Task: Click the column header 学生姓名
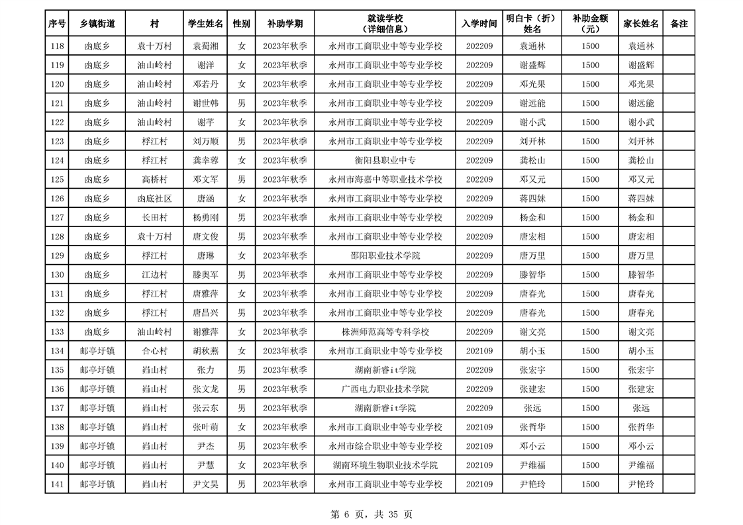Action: pos(205,24)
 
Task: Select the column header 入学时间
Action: pos(479,24)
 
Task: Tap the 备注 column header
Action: pos(679,24)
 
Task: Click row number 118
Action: pos(57,46)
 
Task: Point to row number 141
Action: pos(57,485)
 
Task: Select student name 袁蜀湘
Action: pos(205,46)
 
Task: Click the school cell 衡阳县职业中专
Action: pos(385,160)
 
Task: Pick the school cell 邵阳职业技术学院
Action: pos(385,256)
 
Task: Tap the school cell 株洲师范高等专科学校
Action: pos(385,332)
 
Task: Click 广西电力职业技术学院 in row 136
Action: pos(385,389)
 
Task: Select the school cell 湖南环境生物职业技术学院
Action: pos(385,465)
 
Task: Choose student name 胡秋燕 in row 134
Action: pos(205,351)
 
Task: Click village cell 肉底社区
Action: pos(154,199)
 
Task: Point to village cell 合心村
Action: pos(154,351)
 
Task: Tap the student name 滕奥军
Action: pos(205,275)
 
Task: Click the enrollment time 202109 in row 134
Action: pos(479,351)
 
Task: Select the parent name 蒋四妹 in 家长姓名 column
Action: pos(640,199)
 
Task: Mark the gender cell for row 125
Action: pos(242,179)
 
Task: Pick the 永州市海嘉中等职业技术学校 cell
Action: pos(385,179)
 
